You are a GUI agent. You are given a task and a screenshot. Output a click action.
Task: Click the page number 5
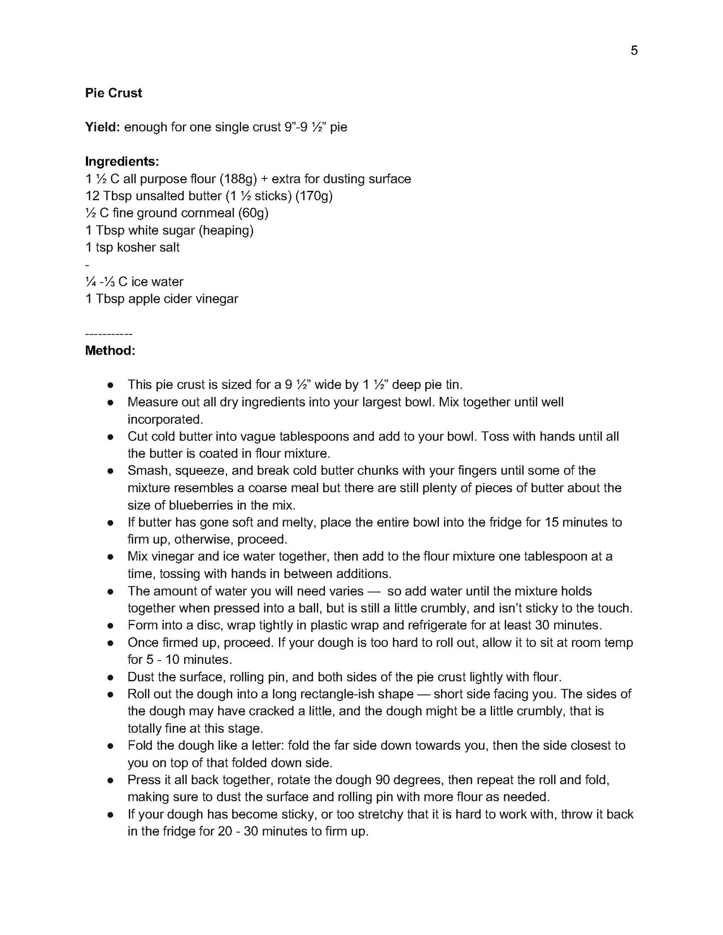(x=634, y=51)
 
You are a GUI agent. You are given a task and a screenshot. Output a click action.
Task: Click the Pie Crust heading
(x=114, y=93)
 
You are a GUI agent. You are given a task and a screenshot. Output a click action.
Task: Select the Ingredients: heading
(x=122, y=161)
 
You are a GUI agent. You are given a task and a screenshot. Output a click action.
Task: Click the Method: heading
(x=110, y=351)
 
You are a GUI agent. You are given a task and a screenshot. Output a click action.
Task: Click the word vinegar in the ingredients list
(x=217, y=299)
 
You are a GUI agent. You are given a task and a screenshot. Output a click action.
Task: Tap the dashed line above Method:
(x=108, y=334)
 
